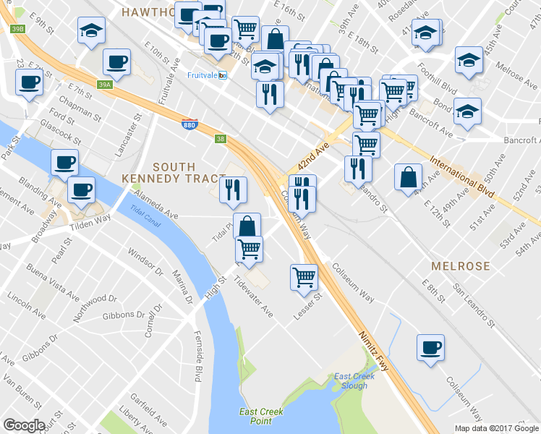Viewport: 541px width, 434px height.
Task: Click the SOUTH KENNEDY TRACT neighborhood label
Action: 166,171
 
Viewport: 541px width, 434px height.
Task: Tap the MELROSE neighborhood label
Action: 461,266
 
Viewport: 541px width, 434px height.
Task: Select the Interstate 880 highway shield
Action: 188,125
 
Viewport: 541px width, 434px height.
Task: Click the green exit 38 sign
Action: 220,138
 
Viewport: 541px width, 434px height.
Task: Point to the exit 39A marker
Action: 105,85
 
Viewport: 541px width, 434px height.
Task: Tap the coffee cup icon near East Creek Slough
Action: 430,346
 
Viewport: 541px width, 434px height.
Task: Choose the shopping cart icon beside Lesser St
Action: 304,276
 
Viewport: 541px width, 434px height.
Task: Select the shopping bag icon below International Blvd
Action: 408,176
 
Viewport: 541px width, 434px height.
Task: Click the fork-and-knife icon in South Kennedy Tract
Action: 233,190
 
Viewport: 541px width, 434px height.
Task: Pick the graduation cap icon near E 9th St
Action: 91,30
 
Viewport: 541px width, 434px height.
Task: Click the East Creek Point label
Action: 261,416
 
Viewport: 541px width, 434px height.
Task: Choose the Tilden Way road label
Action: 90,221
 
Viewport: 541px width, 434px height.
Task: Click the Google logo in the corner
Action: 24,425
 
